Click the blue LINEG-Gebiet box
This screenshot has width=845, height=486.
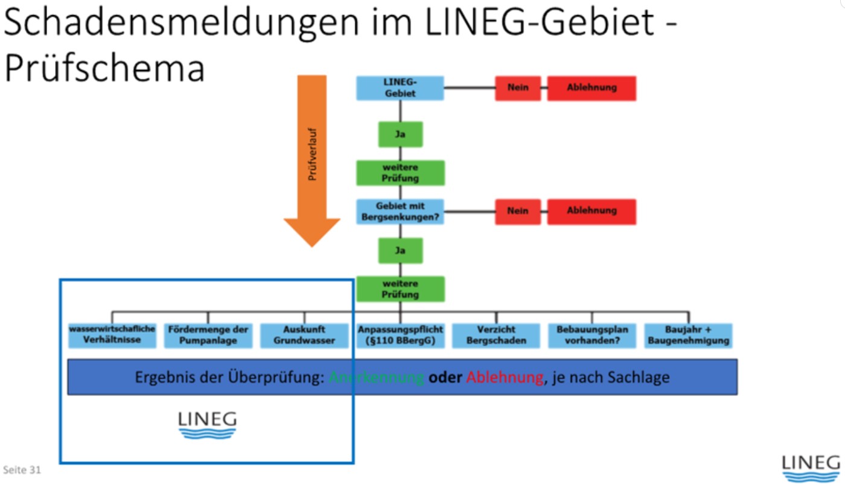[x=400, y=88]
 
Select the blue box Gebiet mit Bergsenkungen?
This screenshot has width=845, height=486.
[x=400, y=211]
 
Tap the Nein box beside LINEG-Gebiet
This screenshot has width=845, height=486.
[x=517, y=88]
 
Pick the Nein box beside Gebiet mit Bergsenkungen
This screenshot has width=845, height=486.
[x=517, y=211]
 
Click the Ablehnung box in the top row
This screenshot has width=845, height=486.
[x=591, y=88]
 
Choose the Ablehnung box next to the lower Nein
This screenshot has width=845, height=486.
[x=591, y=211]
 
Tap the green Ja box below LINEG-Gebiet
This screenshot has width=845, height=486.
[x=400, y=134]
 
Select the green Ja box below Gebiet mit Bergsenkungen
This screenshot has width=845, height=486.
[x=400, y=250]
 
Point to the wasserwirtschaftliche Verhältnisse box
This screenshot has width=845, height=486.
[x=112, y=335]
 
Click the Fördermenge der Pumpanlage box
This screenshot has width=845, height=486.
[x=208, y=335]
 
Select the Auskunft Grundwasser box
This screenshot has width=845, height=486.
[x=304, y=335]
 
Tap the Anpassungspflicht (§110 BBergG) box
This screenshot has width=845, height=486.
[x=400, y=335]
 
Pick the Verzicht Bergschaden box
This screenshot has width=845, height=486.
[x=496, y=335]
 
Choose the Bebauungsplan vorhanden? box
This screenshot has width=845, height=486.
[x=592, y=335]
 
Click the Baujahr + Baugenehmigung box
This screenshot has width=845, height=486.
[x=688, y=335]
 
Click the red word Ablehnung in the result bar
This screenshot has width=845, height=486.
[x=505, y=377]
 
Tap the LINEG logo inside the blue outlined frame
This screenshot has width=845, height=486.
[x=208, y=424]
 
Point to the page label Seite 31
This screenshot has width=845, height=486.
[x=22, y=469]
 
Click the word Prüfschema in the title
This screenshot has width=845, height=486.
[x=104, y=68]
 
